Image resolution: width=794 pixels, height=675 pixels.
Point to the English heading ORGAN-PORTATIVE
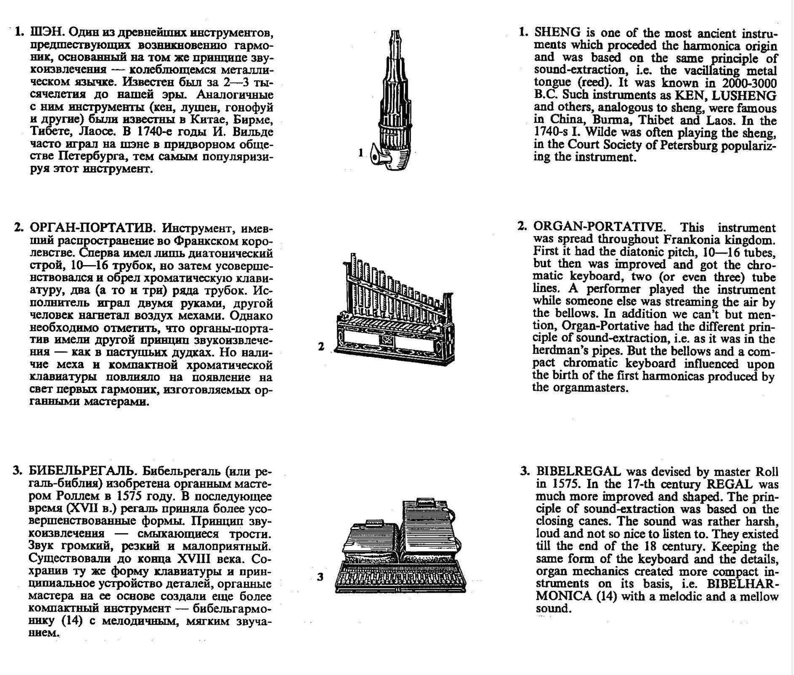tap(599, 227)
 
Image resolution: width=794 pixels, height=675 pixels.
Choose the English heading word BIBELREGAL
tap(578, 472)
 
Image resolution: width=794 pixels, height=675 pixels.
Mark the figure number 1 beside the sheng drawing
tap(361, 153)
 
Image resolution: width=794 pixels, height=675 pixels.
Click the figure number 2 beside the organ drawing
tap(321, 347)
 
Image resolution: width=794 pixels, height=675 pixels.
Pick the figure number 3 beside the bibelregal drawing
tap(320, 577)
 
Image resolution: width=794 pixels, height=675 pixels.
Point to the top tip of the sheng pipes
tap(396, 31)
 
